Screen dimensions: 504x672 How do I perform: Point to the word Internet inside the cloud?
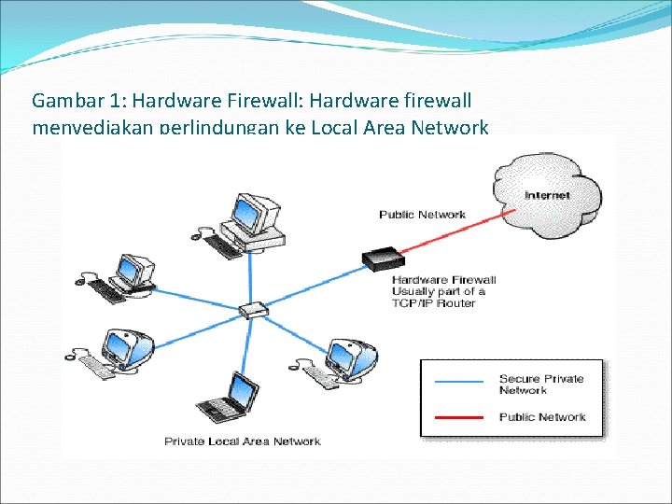[547, 195]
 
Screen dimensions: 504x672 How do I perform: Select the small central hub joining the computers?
[254, 310]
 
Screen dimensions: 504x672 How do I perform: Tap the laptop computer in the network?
[231, 399]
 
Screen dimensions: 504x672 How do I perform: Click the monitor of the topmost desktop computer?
[252, 212]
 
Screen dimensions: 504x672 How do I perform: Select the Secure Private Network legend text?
[541, 384]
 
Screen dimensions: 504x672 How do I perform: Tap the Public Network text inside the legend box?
[542, 416]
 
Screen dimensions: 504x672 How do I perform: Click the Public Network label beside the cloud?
[422, 215]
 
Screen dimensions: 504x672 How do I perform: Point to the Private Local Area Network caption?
[243, 441]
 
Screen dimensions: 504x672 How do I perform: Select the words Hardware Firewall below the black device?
[444, 279]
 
